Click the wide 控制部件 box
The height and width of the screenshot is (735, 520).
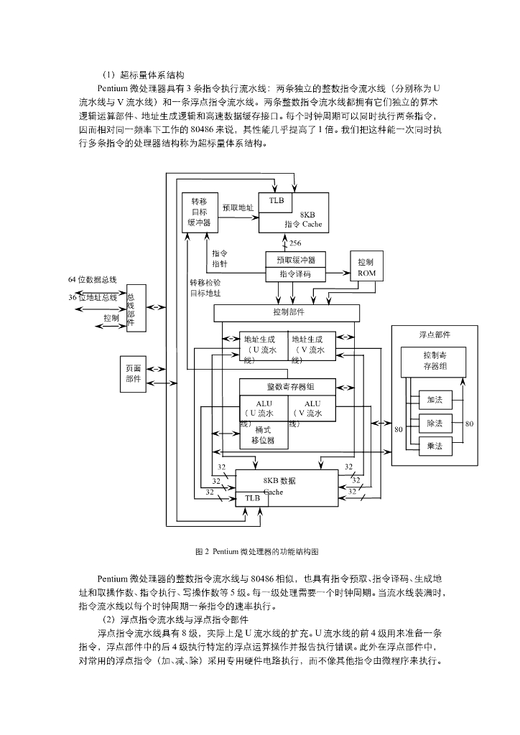[x=287, y=312]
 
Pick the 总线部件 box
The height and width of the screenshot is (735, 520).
[x=136, y=308]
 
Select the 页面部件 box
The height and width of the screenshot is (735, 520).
[x=134, y=373]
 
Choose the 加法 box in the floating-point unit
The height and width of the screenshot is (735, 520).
[x=435, y=400]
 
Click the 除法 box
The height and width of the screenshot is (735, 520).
[x=435, y=423]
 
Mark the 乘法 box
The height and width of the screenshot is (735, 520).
[x=435, y=446]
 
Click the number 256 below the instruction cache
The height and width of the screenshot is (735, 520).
[x=295, y=243]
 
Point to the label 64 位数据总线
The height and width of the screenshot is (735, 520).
[x=93, y=279]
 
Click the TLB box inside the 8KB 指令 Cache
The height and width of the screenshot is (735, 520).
[x=277, y=201]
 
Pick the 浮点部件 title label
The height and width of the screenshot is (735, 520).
[x=435, y=334]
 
